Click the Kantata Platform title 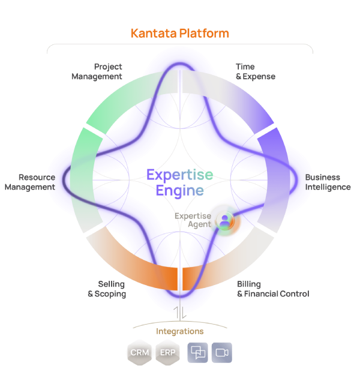tap(179, 34)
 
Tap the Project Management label tap(97, 71)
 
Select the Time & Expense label tap(256, 71)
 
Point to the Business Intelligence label tap(328, 182)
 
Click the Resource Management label tap(30, 182)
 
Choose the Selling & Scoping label tap(107, 289)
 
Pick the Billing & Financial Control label tap(273, 289)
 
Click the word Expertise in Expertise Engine tap(179, 175)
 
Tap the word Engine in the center tap(179, 191)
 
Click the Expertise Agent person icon tap(225, 221)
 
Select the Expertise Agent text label tap(193, 220)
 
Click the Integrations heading tap(179, 331)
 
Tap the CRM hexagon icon tap(140, 352)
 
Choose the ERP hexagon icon tap(167, 352)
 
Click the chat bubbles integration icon tap(197, 353)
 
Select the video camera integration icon tap(222, 353)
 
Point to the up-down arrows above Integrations tap(180, 313)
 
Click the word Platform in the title tap(204, 34)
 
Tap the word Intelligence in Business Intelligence tap(328, 187)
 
